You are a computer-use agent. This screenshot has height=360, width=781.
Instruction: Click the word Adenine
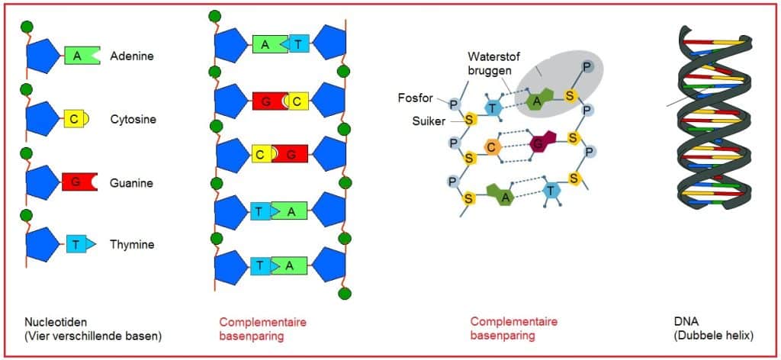click(x=131, y=56)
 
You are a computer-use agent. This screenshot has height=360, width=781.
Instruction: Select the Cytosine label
click(x=133, y=120)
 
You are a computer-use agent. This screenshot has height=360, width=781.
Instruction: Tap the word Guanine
click(x=131, y=183)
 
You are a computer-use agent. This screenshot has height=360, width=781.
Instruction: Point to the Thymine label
click(x=132, y=245)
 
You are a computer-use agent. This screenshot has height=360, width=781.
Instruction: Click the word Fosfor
click(x=413, y=97)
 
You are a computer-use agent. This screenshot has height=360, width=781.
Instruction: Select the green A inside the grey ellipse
click(x=538, y=100)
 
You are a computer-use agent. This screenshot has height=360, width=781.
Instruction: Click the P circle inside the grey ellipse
click(x=587, y=67)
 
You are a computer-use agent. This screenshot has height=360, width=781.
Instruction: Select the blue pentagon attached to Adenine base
click(x=43, y=56)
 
